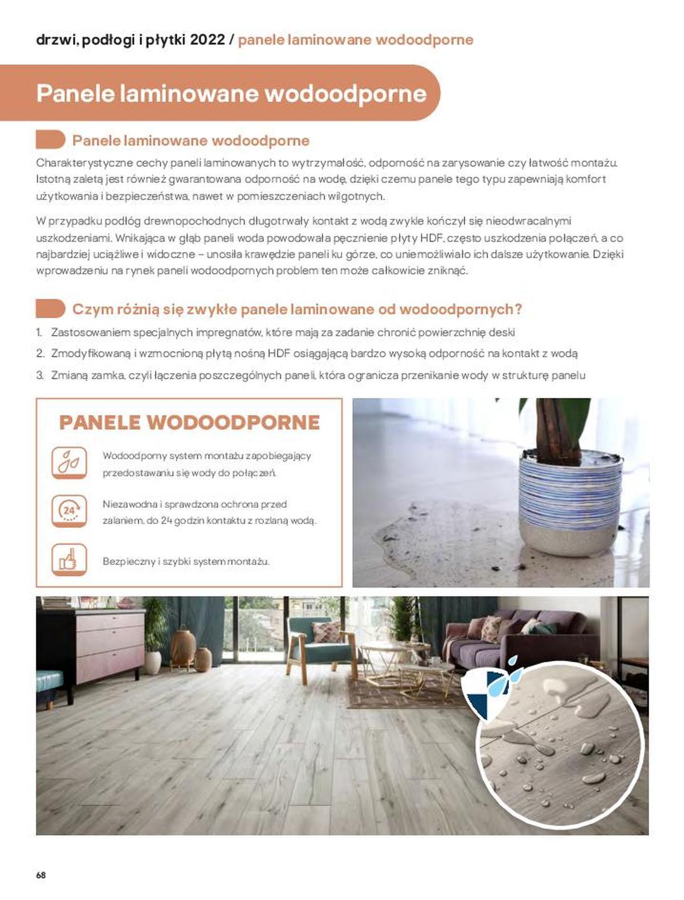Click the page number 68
click(x=40, y=874)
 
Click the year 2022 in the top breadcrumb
click(x=207, y=40)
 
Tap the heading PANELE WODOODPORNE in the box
click(x=189, y=422)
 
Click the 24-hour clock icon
click(x=69, y=510)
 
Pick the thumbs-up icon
click(x=69, y=559)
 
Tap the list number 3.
click(x=40, y=375)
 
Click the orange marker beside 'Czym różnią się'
click(x=50, y=309)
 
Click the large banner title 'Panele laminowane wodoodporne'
click(x=231, y=93)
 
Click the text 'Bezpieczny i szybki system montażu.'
click(x=186, y=561)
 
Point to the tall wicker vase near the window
click(x=184, y=646)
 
